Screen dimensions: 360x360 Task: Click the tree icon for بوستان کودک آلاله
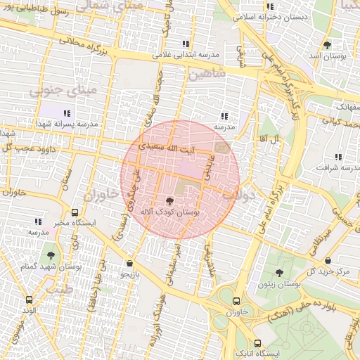pyautogui.click(x=169, y=200)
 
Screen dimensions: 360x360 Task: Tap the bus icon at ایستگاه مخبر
pyautogui.click(x=75, y=212)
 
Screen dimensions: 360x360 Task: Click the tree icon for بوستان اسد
pyautogui.click(x=327, y=45)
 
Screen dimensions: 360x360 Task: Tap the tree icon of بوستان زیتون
pyautogui.click(x=279, y=272)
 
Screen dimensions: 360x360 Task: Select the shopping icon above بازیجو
pyautogui.click(x=129, y=263)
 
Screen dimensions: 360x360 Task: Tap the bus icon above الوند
pyautogui.click(x=29, y=299)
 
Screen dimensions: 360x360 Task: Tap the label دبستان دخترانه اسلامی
pyautogui.click(x=273, y=15)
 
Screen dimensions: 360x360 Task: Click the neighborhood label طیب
pyautogui.click(x=60, y=288)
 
